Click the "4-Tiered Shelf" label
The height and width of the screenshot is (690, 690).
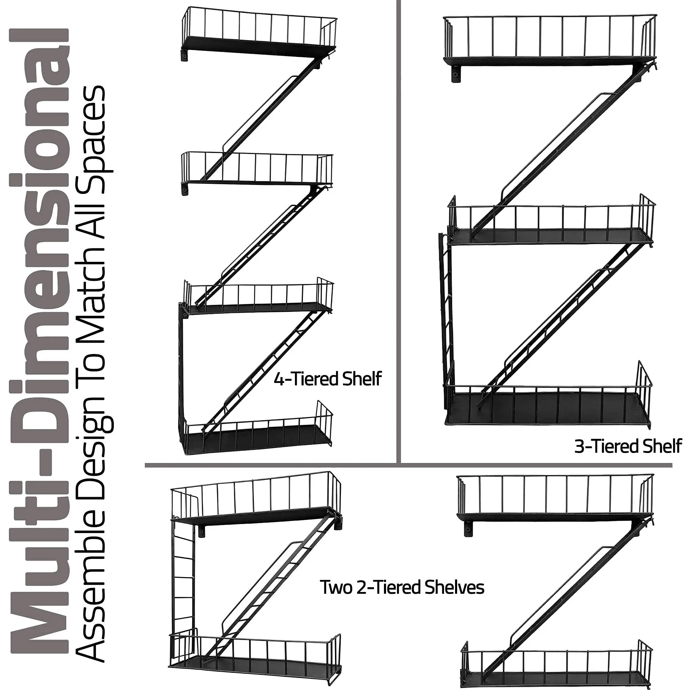pos(327,379)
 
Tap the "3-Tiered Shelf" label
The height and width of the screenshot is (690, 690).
pos(628,446)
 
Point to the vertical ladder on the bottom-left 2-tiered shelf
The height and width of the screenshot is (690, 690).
pos(183,579)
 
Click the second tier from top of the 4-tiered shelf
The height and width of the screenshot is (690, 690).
pos(257,170)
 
